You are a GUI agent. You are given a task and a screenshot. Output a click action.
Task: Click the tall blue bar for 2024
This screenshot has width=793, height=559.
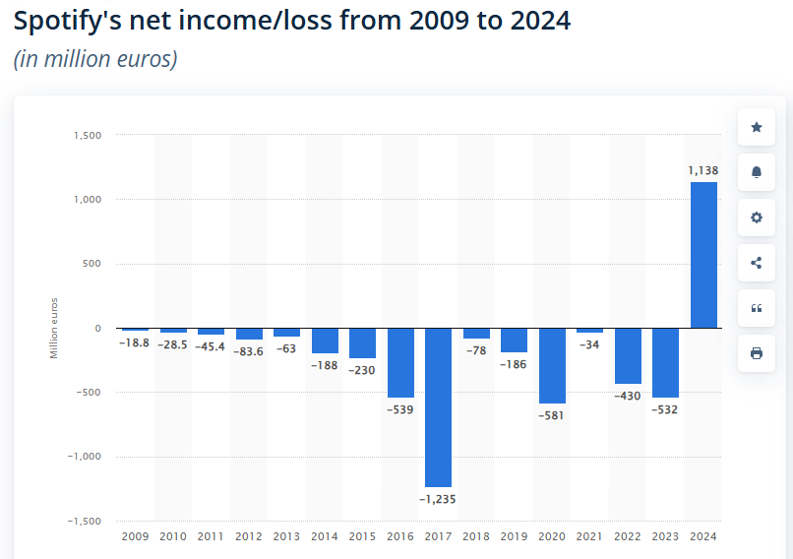(703, 254)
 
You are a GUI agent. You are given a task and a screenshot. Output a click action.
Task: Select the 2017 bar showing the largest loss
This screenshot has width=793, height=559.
(438, 406)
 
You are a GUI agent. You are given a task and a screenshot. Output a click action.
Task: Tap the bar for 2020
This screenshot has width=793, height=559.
(552, 365)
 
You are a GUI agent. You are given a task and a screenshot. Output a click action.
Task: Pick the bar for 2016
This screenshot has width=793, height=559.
(400, 362)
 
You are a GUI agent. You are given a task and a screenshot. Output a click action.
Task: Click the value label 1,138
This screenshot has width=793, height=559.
(702, 170)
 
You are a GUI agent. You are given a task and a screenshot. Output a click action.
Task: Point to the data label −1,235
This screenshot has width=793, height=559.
(438, 499)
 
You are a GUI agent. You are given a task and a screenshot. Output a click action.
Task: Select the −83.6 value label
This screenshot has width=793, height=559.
(249, 351)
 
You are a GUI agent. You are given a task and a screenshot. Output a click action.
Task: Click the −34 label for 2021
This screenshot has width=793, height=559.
(589, 344)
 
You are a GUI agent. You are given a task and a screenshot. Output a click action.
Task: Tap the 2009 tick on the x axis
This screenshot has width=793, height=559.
(135, 536)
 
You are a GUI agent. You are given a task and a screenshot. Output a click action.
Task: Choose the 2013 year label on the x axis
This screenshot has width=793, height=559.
(286, 536)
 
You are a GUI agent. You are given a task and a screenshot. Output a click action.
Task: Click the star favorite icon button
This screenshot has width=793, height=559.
(756, 127)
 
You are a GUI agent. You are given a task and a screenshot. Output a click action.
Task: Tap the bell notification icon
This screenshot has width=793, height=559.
(756, 172)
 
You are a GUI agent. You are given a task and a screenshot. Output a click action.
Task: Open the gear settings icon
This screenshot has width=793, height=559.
(756, 217)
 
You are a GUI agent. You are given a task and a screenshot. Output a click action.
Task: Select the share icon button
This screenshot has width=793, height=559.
(756, 263)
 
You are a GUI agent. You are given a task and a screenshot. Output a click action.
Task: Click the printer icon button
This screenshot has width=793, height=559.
(756, 353)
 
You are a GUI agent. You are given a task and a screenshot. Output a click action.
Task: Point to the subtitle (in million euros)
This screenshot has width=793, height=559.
(95, 59)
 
